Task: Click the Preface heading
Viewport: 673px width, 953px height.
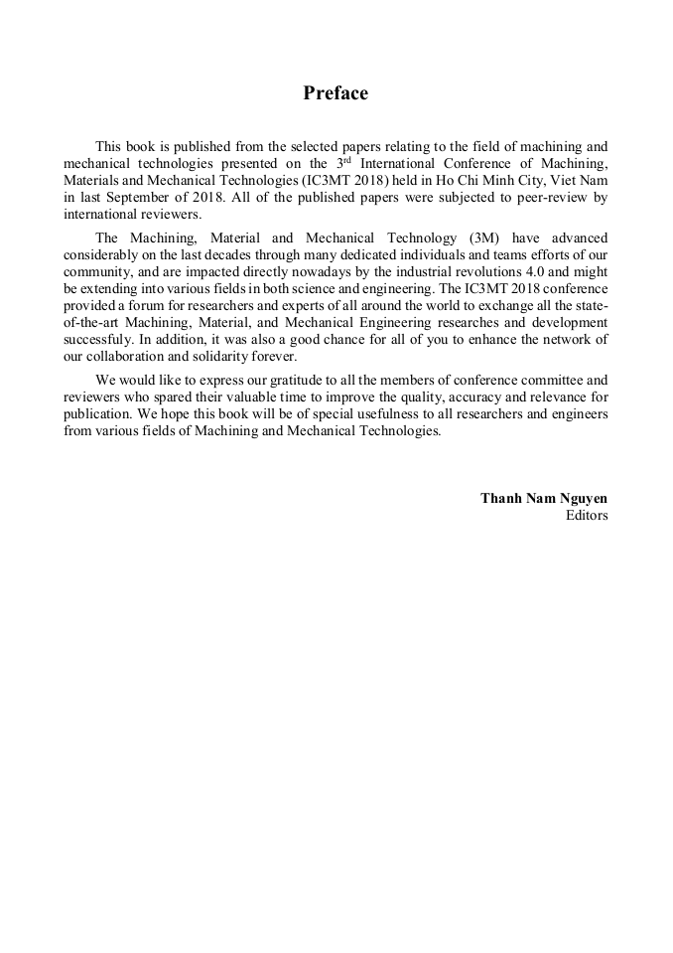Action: pos(336,93)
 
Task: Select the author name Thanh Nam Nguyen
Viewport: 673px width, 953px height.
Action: pos(544,498)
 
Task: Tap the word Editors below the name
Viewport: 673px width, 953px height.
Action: pos(586,515)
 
